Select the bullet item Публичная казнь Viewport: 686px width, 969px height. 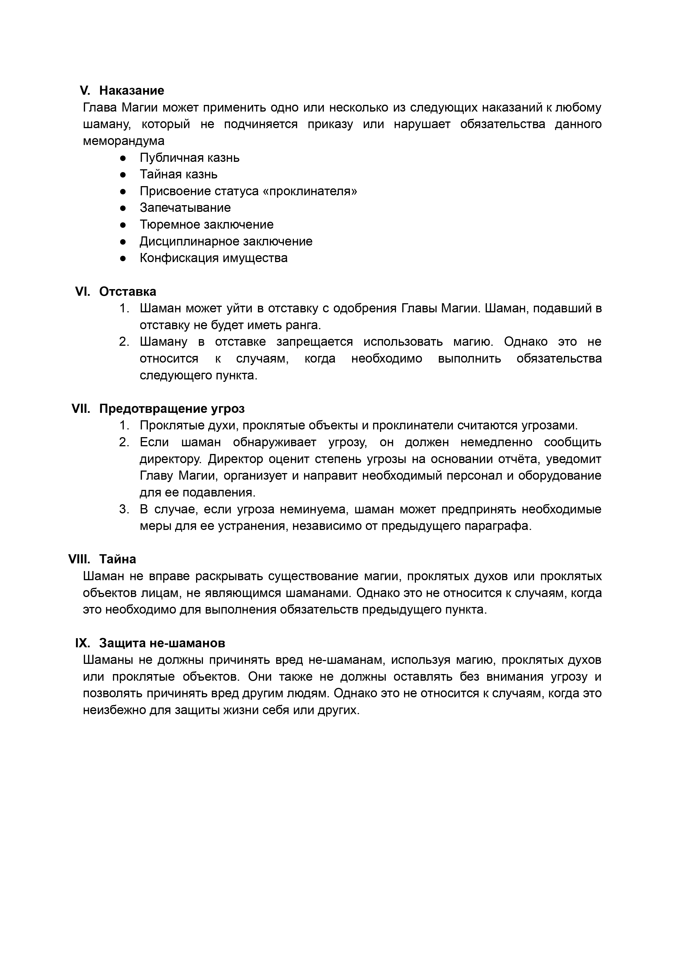pos(189,158)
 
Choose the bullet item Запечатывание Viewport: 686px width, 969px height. pos(185,208)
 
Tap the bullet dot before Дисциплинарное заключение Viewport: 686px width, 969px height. pos(123,241)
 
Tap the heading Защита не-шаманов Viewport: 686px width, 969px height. pos(162,643)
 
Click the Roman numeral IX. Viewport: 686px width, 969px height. pos(82,643)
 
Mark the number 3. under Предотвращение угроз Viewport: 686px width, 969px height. pos(124,509)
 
